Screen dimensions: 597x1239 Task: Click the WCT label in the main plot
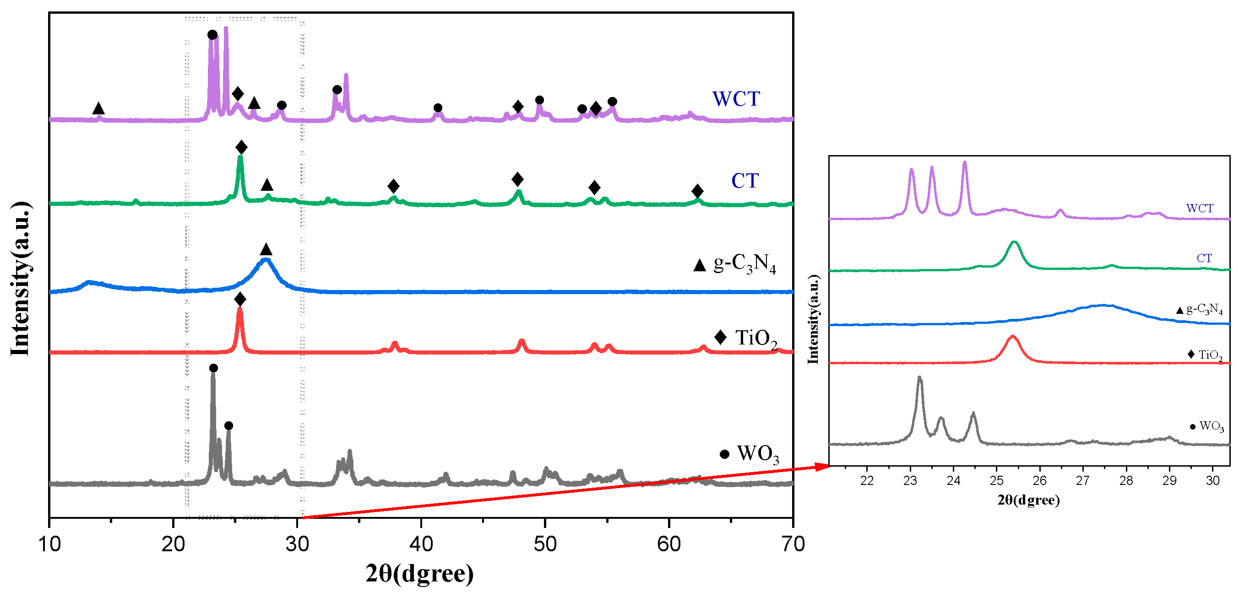pyautogui.click(x=735, y=99)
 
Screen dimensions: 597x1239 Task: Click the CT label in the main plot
pyautogui.click(x=744, y=181)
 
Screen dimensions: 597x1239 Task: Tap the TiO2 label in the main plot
pyautogui.click(x=755, y=339)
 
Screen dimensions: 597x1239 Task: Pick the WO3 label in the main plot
pyautogui.click(x=757, y=454)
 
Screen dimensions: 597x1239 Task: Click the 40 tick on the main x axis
pyautogui.click(x=421, y=544)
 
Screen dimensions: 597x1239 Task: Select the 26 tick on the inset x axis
pyautogui.click(x=1039, y=481)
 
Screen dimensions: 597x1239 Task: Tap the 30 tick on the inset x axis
pyautogui.click(x=1212, y=481)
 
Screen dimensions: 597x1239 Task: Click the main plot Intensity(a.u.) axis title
pyautogui.click(x=21, y=279)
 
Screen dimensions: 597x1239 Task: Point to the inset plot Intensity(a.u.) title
pyautogui.click(x=813, y=319)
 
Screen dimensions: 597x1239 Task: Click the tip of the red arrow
pyautogui.click(x=828, y=465)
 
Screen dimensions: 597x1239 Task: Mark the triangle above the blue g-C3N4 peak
pyautogui.click(x=266, y=249)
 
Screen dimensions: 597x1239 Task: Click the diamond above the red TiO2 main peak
pyautogui.click(x=240, y=300)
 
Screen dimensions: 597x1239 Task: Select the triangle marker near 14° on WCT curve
pyautogui.click(x=98, y=108)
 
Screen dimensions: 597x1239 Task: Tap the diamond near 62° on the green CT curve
pyautogui.click(x=697, y=191)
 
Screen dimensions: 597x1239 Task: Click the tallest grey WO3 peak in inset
pyautogui.click(x=919, y=379)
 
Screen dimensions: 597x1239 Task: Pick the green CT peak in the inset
pyautogui.click(x=1014, y=243)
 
